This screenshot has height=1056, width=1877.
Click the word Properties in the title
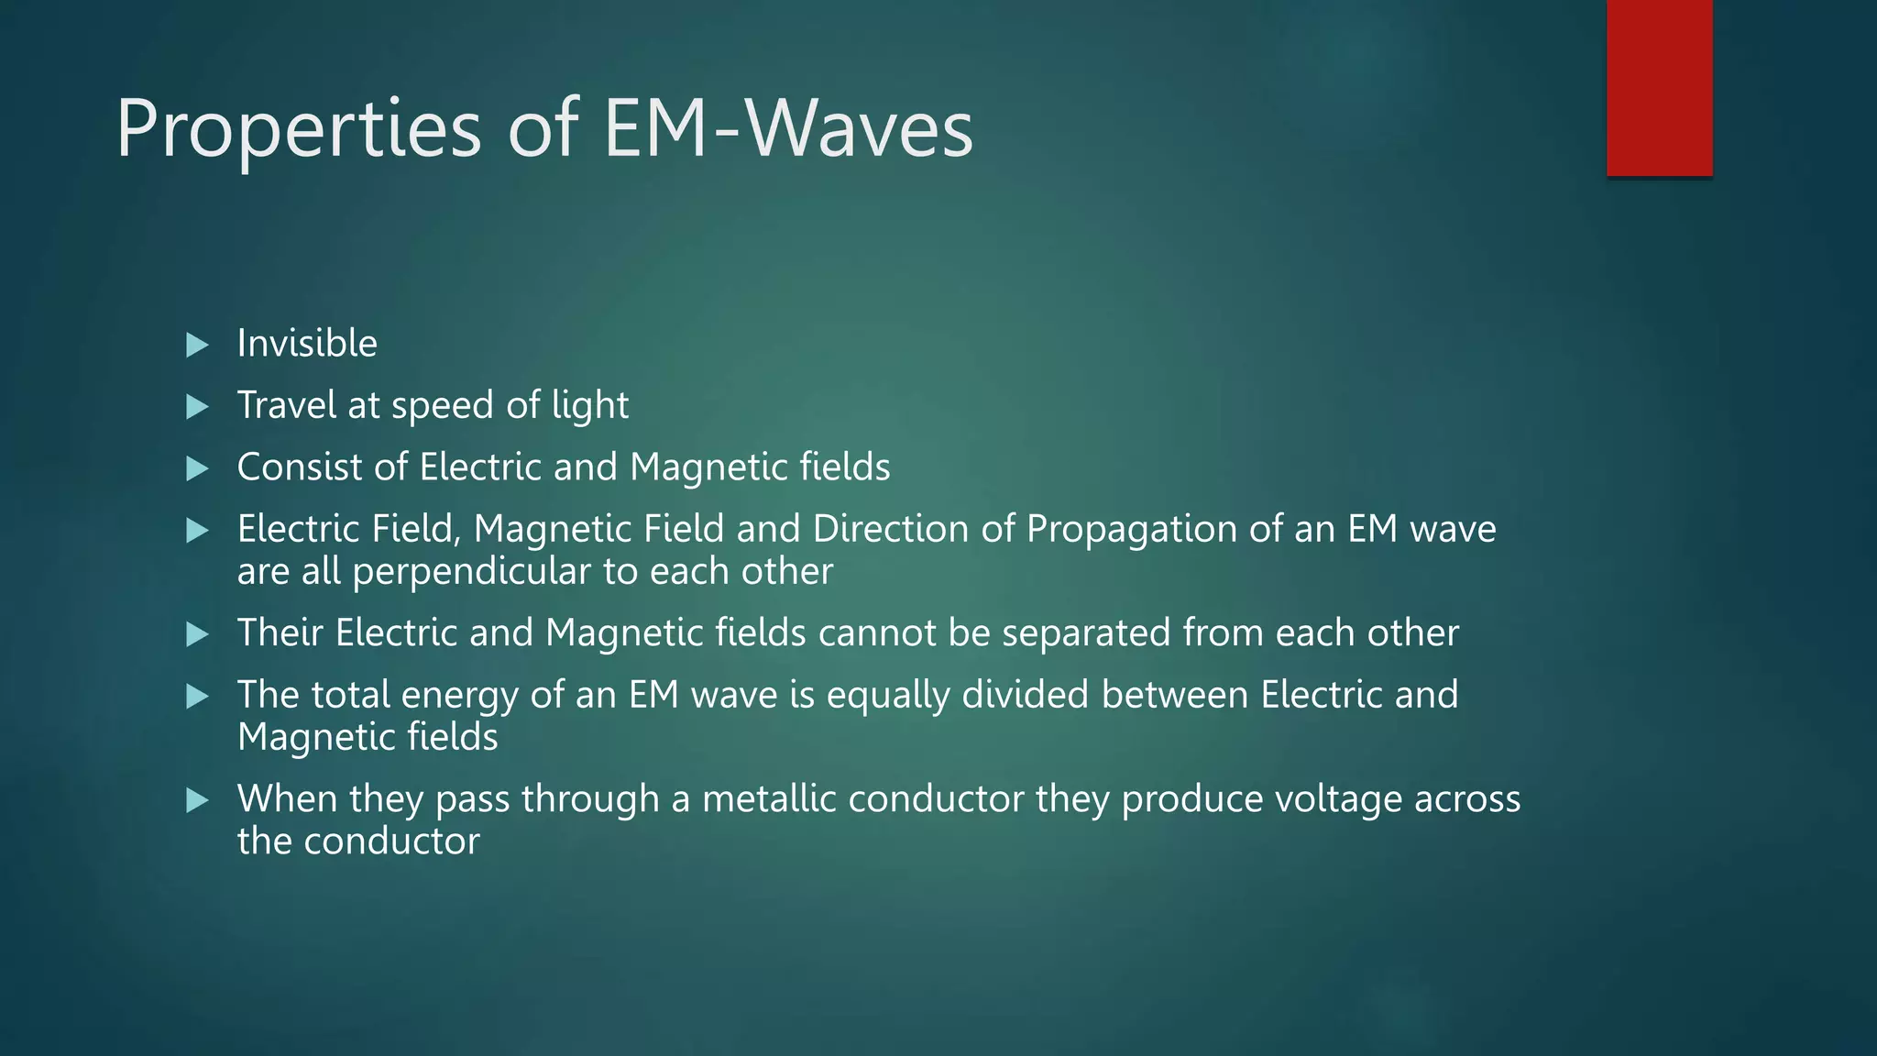coord(298,131)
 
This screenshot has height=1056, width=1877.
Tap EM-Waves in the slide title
coord(788,129)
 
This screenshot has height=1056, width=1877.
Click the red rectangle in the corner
coord(1659,88)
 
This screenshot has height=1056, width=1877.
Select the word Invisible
coord(307,344)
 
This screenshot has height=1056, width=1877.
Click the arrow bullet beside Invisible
coord(197,346)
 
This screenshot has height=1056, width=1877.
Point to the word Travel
coord(286,405)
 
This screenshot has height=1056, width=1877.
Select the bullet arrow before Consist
coord(197,469)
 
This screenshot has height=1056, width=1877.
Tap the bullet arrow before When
coord(197,801)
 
